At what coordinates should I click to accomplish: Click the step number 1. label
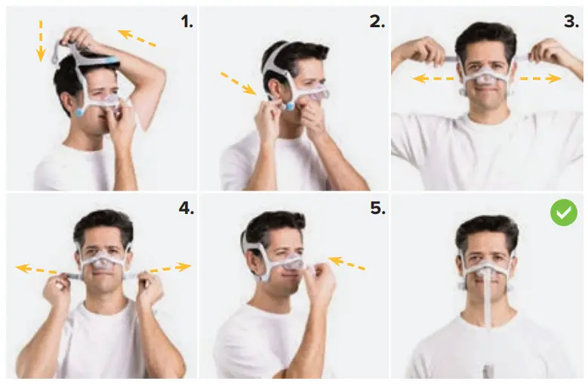coord(186,21)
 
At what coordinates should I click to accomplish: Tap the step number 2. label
coord(377,21)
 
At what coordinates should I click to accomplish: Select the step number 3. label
coord(571,21)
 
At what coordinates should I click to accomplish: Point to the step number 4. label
coord(186,207)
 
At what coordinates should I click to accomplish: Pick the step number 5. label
coord(377,207)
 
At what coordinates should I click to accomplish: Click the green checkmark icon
coord(563,214)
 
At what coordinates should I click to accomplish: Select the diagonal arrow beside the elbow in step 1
coord(137,37)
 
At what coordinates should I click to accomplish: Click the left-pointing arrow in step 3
coord(431,78)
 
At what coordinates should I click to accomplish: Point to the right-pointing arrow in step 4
coord(170,268)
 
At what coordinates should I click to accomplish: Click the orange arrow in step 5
coord(346,264)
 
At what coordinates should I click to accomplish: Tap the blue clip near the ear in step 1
coord(81,113)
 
